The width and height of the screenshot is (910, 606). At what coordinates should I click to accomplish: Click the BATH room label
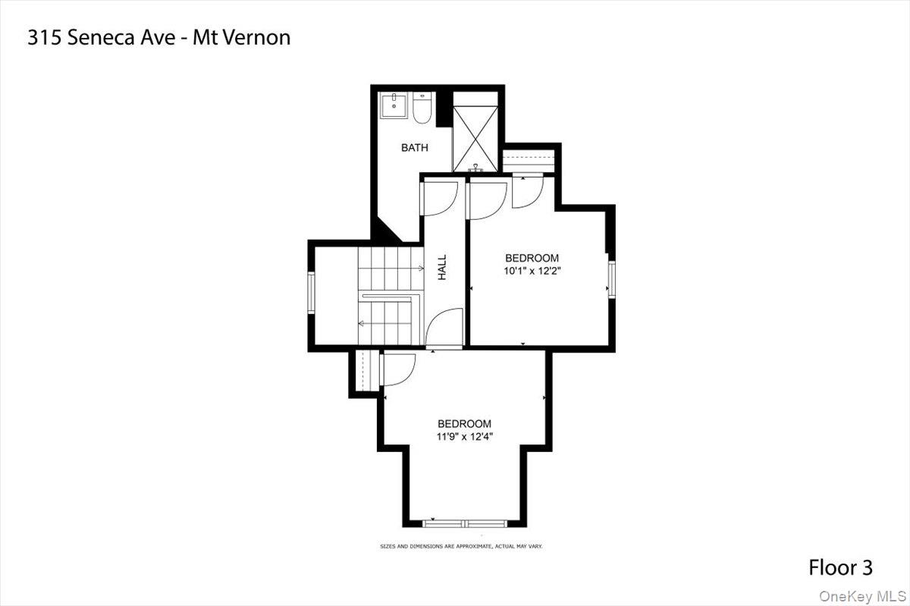pos(414,148)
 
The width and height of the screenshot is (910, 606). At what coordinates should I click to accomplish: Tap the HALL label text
pos(442,267)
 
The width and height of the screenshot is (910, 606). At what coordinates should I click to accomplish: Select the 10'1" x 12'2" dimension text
pos(532,270)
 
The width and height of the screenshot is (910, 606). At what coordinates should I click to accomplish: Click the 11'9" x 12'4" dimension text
pos(464,436)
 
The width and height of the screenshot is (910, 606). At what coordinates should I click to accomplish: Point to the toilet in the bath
pos(422,109)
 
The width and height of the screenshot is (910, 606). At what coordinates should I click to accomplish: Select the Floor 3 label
pos(840,567)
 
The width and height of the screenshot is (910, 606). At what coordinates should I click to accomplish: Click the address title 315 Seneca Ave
pos(158,37)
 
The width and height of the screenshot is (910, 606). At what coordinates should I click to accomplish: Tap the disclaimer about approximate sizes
pos(461,546)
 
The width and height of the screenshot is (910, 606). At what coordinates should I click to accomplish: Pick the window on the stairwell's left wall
pos(311,292)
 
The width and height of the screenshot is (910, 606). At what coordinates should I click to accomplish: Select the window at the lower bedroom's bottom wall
pos(465,523)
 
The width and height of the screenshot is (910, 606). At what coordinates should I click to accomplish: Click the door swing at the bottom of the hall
pos(446,328)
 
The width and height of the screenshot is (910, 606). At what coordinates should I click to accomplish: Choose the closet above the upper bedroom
pos(531,161)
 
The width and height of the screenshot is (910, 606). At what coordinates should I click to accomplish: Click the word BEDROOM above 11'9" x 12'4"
pos(464,423)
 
